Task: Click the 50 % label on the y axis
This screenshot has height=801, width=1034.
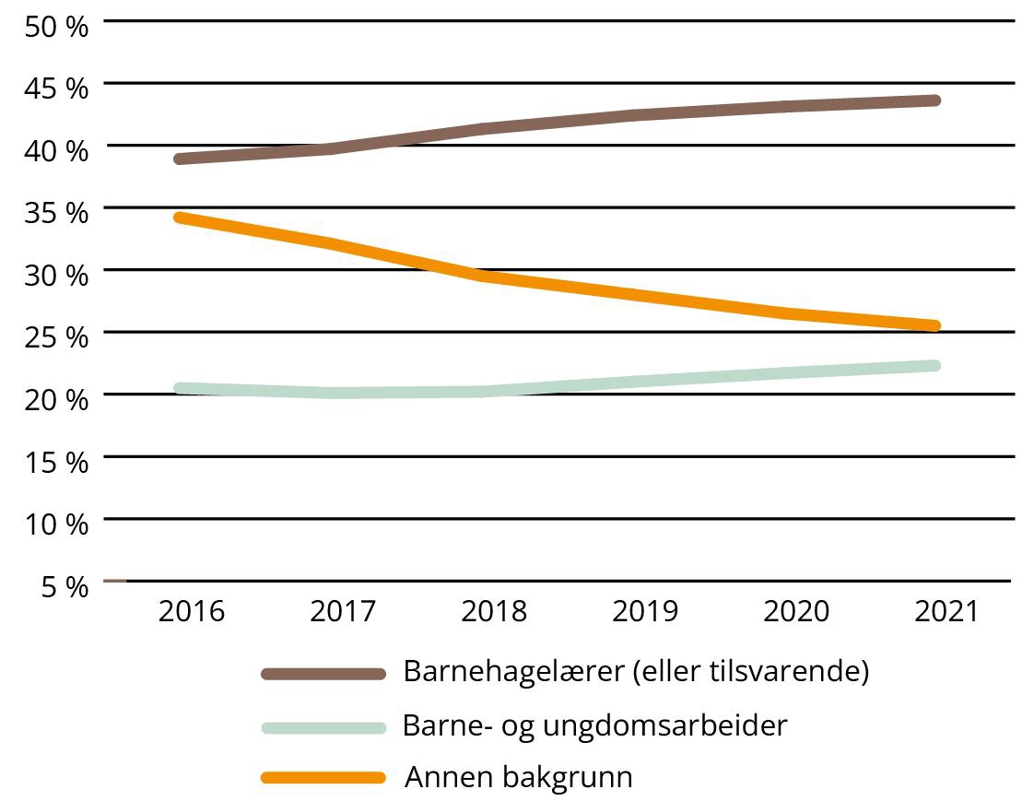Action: tap(56, 25)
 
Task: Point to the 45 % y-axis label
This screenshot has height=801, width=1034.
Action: tap(56, 88)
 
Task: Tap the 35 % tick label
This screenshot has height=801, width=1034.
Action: tap(56, 212)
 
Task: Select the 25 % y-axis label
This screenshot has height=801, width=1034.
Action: tap(56, 336)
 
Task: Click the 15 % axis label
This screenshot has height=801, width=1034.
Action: tap(56, 461)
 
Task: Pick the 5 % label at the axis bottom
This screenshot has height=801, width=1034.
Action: tap(65, 585)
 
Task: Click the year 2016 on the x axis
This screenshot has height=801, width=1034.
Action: tap(192, 611)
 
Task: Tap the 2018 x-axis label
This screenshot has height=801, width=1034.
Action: tap(494, 611)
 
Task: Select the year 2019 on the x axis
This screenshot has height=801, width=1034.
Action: tap(645, 611)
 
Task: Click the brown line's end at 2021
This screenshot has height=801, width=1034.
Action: tap(934, 100)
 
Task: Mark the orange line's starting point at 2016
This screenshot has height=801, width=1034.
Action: tap(180, 218)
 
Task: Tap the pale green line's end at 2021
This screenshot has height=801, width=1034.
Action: tap(934, 366)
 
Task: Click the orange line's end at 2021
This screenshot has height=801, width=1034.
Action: tap(934, 325)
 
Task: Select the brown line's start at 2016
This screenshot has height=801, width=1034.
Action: tap(180, 159)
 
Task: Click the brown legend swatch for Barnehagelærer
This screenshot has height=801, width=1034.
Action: tap(323, 674)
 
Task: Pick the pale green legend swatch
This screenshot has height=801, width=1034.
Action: tap(323, 726)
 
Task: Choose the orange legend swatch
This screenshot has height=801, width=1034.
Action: tap(323, 778)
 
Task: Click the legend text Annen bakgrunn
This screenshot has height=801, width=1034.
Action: tap(519, 777)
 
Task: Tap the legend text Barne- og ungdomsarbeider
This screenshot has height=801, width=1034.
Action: tap(595, 726)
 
